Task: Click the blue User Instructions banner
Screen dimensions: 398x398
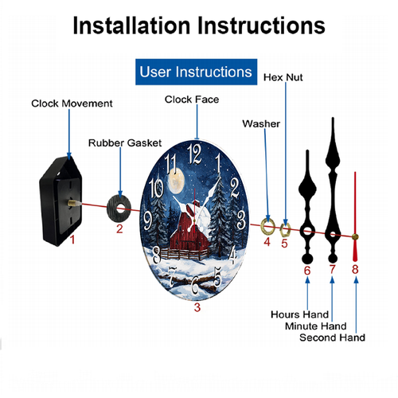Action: [x=196, y=72]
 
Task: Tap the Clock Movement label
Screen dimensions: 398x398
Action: [x=72, y=103]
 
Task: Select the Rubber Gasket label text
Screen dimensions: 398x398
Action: [x=125, y=143]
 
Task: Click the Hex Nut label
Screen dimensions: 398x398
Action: [x=283, y=77]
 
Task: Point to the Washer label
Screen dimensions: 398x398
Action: [x=261, y=123]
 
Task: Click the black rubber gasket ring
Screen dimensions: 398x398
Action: [x=119, y=208]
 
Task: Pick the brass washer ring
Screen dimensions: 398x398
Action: [x=267, y=227]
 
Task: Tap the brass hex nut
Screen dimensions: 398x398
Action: [x=285, y=229]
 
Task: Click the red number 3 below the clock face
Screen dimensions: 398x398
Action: [x=197, y=307]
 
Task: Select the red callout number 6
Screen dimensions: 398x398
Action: [x=307, y=271]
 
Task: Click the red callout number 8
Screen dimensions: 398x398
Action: [x=355, y=269]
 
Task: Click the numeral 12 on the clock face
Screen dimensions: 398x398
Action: [x=194, y=154]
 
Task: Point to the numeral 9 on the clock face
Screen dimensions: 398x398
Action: [x=147, y=220]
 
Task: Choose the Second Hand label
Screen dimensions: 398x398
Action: [x=332, y=338]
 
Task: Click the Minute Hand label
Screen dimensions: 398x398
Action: [x=316, y=326]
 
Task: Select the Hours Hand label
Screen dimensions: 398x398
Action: [x=300, y=314]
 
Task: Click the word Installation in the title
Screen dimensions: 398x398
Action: [x=131, y=25]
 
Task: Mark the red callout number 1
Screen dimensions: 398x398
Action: [x=72, y=240]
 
